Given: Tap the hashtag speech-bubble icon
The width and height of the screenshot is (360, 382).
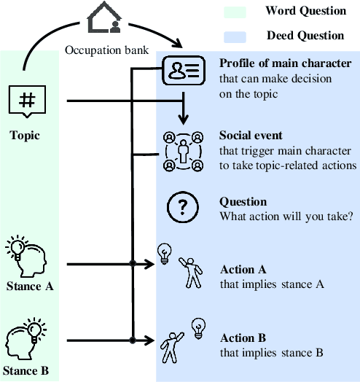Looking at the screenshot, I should coord(26,101).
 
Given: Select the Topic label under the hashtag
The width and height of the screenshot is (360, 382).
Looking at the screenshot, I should coord(26,136).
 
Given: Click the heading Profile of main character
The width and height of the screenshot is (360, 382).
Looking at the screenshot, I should coord(285,63).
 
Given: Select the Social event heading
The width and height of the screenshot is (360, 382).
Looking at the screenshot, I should coord(251,136).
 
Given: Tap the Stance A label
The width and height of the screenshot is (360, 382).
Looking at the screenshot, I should coord(29,286).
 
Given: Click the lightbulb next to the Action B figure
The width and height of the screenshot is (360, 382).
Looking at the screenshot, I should coord(197,327).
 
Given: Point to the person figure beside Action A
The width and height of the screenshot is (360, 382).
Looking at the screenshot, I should coord(192,273).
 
